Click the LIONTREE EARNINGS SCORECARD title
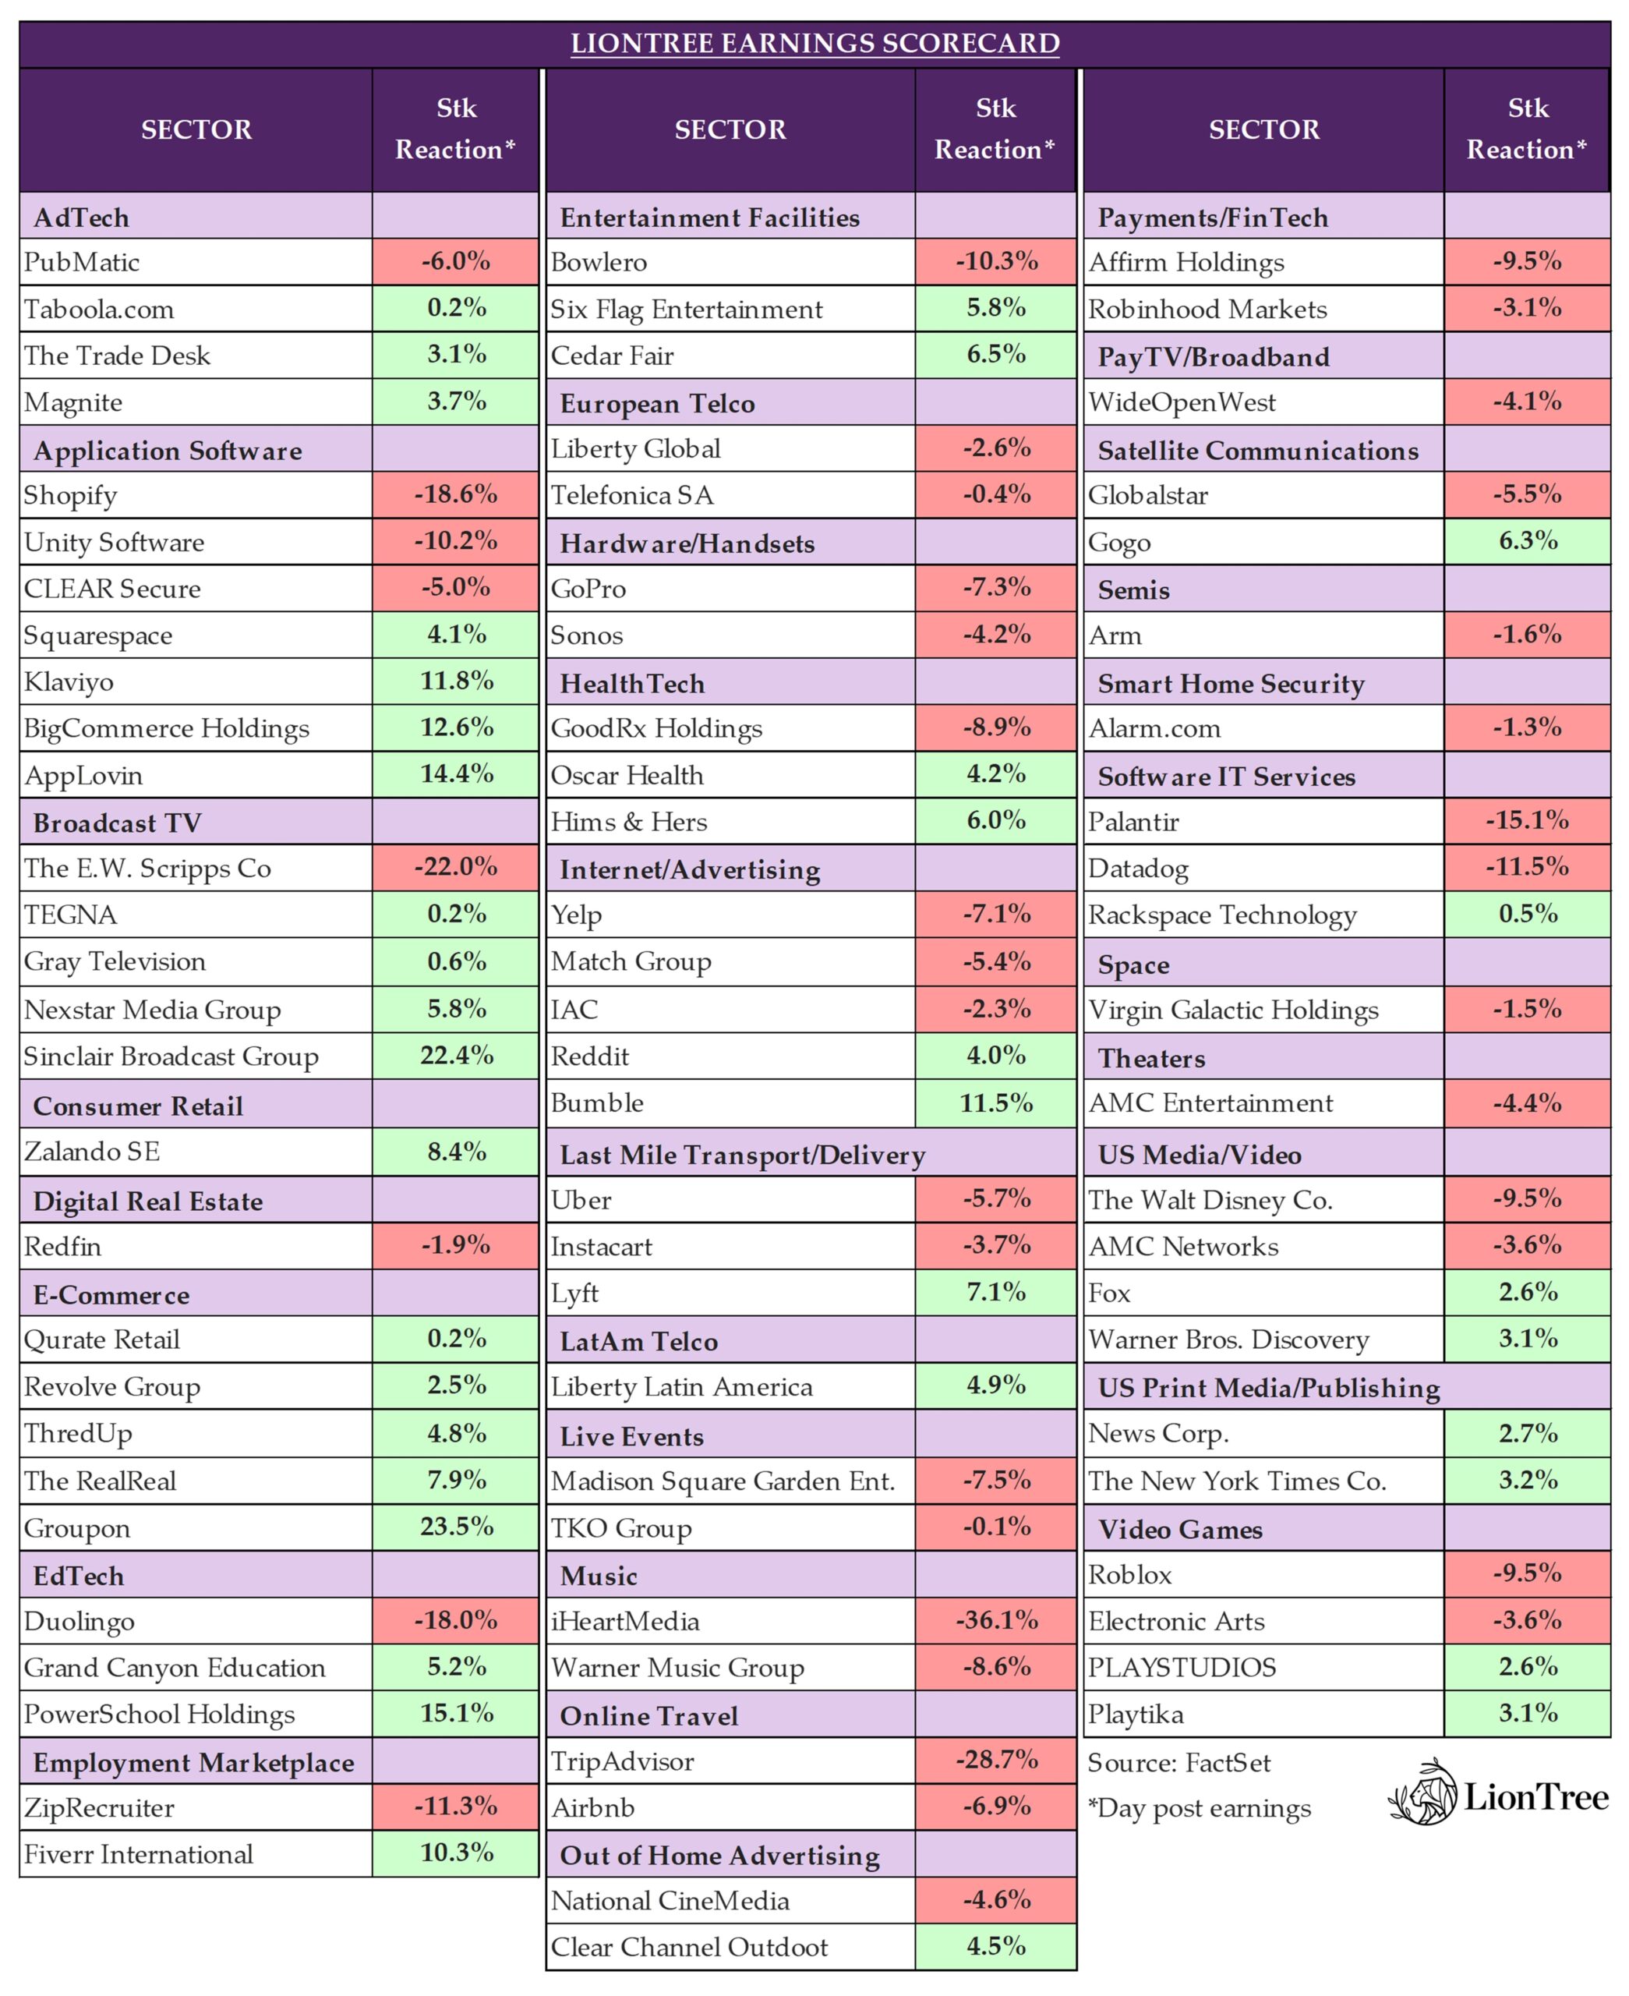(814, 43)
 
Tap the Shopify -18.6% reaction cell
(456, 494)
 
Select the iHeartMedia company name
(625, 1621)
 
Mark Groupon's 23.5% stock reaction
(456, 1527)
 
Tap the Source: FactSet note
(1178, 1762)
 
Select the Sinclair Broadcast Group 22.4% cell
(456, 1056)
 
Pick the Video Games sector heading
(1181, 1530)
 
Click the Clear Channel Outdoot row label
(690, 1947)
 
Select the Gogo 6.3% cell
(1528, 541)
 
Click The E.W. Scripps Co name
(147, 868)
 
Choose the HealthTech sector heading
(632, 683)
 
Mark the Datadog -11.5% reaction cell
(1528, 867)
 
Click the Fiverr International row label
(139, 1854)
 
